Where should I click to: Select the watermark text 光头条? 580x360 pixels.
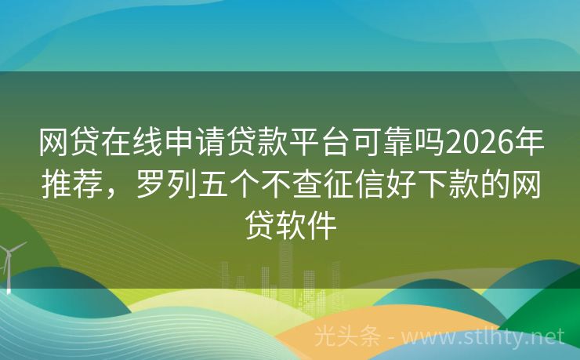click(x=345, y=337)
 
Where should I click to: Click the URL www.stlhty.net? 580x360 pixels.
click(x=487, y=337)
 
